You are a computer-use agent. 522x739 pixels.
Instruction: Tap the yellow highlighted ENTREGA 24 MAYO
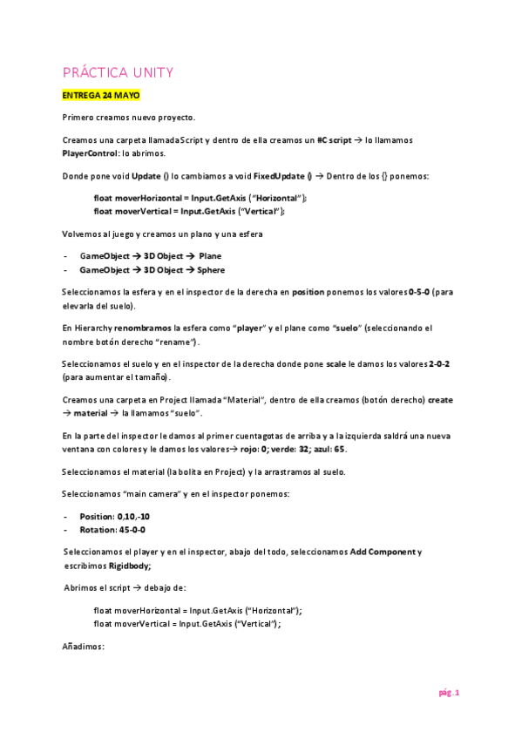click(x=101, y=95)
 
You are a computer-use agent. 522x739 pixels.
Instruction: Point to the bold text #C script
click(x=335, y=139)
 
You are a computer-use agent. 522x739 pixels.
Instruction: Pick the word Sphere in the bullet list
click(x=212, y=270)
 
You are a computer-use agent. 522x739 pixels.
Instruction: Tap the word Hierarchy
click(x=92, y=328)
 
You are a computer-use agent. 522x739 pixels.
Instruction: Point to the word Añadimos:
click(x=84, y=647)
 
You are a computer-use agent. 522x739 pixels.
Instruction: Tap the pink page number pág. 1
click(x=449, y=693)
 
